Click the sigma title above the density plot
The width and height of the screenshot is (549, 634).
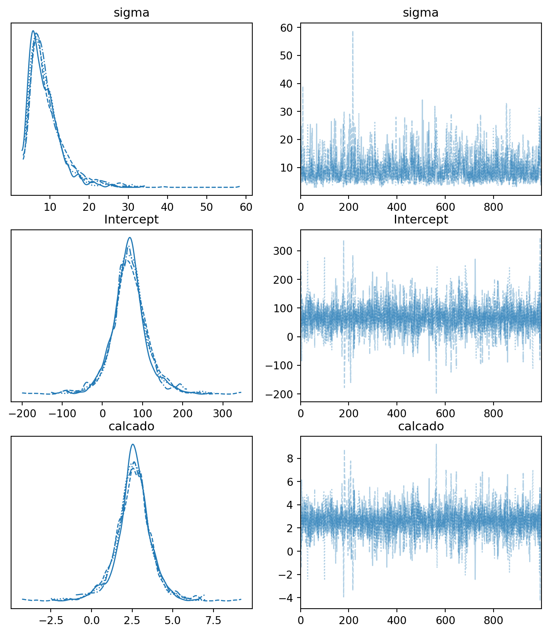click(132, 13)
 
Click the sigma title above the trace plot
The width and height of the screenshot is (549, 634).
click(421, 13)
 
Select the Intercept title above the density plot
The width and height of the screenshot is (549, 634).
click(132, 220)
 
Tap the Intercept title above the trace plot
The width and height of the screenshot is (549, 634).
click(421, 220)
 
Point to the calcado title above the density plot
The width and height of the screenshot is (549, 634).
click(132, 426)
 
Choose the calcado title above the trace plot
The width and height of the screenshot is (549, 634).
click(421, 426)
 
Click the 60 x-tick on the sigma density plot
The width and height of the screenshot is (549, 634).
click(246, 207)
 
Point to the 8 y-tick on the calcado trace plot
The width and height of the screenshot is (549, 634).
click(290, 459)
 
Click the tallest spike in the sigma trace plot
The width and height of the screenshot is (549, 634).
click(353, 32)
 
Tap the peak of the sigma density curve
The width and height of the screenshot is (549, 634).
click(33, 31)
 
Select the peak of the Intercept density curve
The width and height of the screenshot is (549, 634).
click(130, 238)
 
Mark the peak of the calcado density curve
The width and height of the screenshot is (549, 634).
click(133, 444)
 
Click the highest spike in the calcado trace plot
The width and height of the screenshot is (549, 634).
click(436, 444)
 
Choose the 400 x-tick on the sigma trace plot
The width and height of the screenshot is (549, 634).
click(397, 207)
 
